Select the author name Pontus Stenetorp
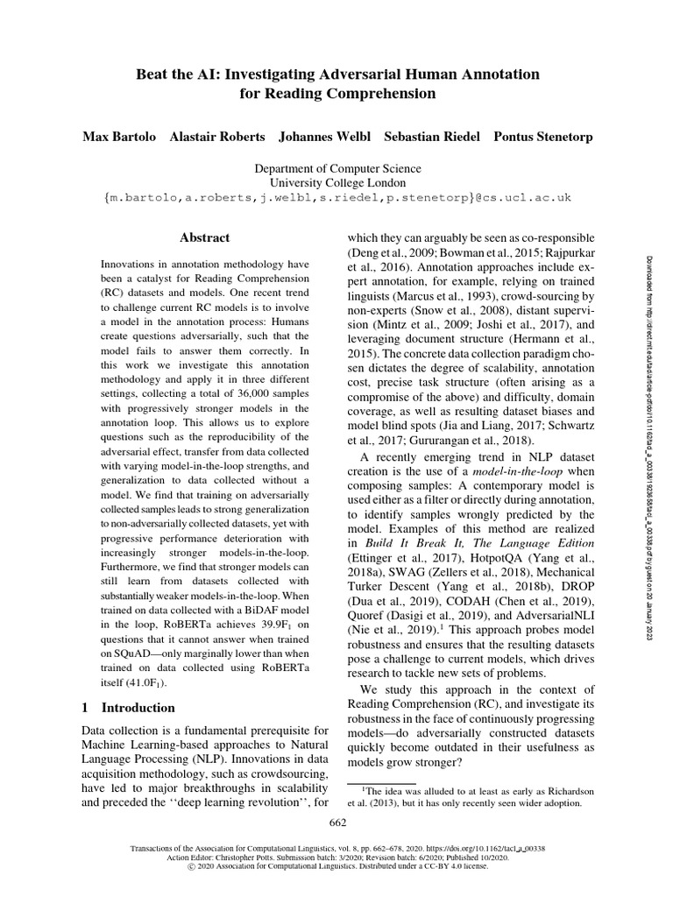point(542,138)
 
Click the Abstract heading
point(204,237)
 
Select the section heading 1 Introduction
point(128,707)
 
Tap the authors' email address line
point(337,198)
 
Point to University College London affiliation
point(337,183)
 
